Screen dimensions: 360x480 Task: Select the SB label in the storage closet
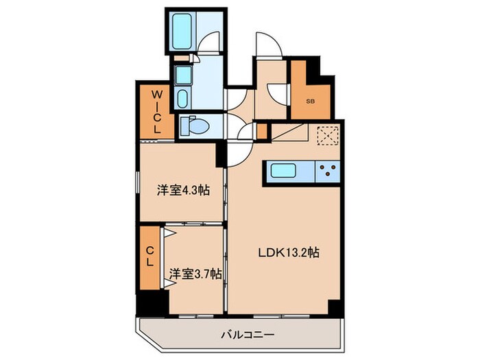(x=310, y=101)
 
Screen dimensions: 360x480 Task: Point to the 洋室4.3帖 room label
(x=182, y=191)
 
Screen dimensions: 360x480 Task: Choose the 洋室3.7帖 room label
(x=195, y=274)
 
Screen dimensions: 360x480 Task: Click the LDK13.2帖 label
(x=288, y=252)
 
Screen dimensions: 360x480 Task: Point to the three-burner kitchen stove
(x=326, y=171)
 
